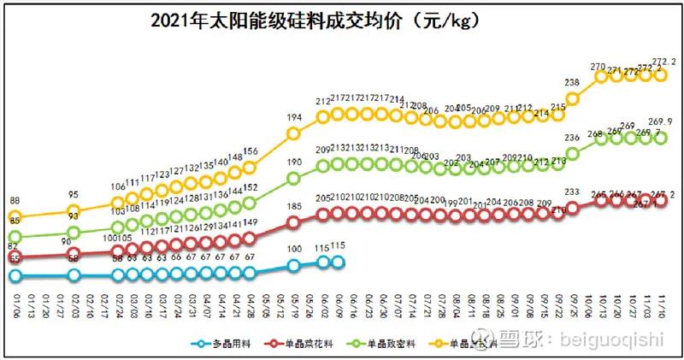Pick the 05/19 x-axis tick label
[x=293, y=304]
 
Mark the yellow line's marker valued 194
[x=293, y=133]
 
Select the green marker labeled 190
[x=293, y=179]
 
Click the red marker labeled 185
[x=293, y=222]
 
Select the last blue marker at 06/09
[x=338, y=263]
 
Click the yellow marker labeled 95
[x=74, y=211]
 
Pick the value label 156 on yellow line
[x=250, y=153]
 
